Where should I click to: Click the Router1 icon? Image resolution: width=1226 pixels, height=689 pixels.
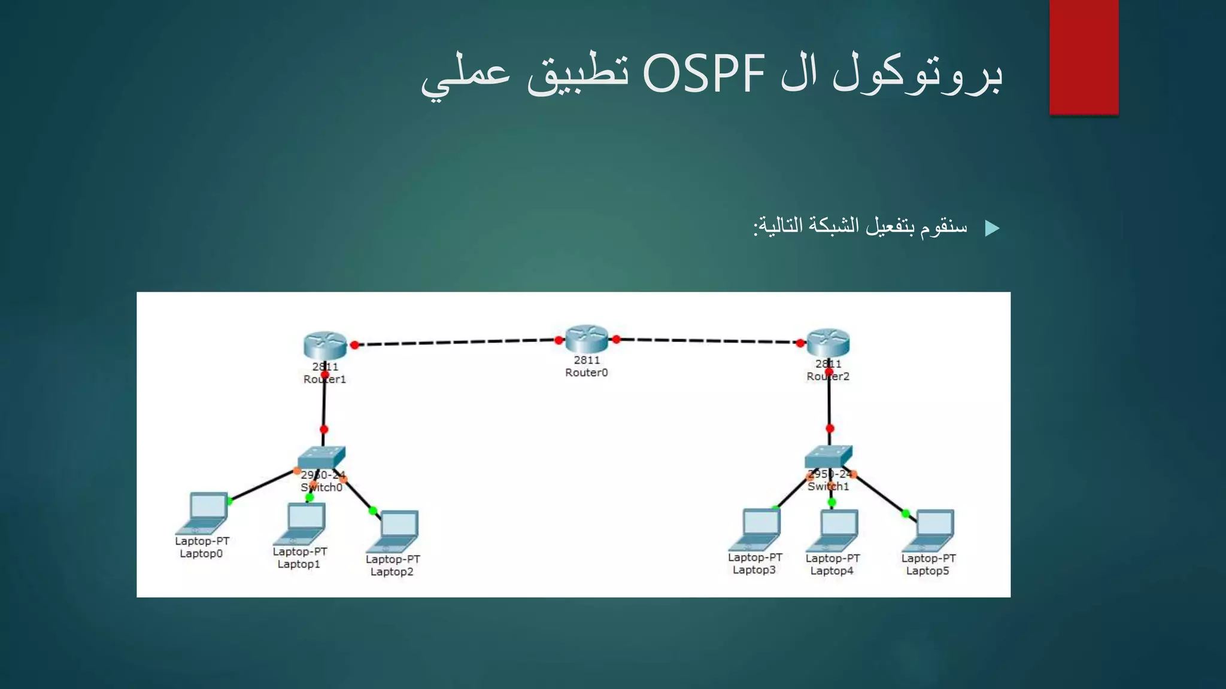click(x=325, y=345)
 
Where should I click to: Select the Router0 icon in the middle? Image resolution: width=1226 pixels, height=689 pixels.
click(x=587, y=339)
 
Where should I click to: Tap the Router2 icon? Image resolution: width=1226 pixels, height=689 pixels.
click(x=828, y=342)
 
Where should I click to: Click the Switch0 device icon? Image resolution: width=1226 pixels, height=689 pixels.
click(x=321, y=458)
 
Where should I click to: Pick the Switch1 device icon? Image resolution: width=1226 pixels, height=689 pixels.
click(x=829, y=457)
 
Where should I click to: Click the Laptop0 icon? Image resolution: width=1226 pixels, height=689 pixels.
click(x=203, y=513)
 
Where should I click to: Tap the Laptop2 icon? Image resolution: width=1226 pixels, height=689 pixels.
click(x=394, y=531)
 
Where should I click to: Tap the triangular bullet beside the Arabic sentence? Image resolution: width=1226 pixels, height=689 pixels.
click(x=992, y=228)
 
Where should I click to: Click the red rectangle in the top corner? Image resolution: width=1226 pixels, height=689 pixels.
click(x=1084, y=57)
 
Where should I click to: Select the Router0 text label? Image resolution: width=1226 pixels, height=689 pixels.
click(x=587, y=373)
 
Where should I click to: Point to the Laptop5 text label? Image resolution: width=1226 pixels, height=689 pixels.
click(x=927, y=571)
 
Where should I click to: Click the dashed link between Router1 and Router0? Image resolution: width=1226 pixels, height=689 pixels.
click(x=455, y=342)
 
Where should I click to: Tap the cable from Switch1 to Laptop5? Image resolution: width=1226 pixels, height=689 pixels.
click(x=879, y=493)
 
